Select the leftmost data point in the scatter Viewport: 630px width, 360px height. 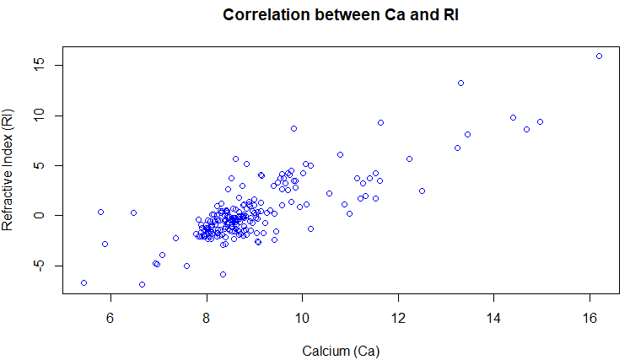[83, 282]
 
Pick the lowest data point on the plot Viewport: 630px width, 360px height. [142, 284]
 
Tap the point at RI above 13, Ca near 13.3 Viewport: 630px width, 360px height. [460, 83]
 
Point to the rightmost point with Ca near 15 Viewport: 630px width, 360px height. [540, 121]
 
